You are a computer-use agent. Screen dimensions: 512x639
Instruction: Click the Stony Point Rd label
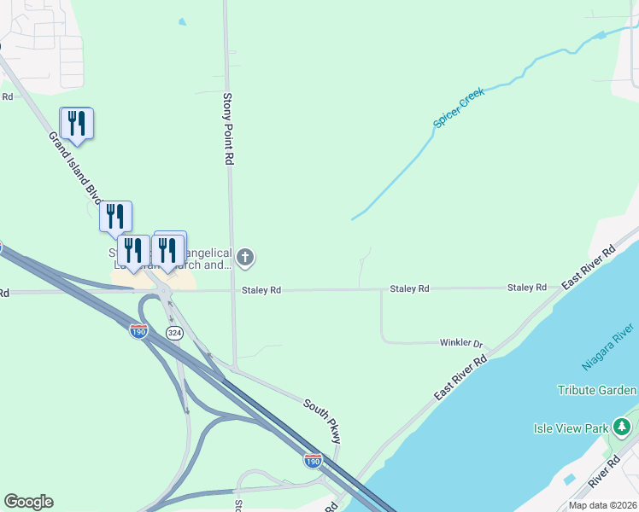click(228, 128)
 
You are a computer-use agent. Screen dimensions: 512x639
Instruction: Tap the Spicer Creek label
click(459, 108)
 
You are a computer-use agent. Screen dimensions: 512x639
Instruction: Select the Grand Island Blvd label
click(75, 167)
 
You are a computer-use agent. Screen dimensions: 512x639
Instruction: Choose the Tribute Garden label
click(597, 390)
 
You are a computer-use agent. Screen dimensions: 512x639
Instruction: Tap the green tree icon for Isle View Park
click(624, 426)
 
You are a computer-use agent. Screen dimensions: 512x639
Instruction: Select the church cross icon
click(246, 256)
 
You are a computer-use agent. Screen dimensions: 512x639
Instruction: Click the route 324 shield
click(173, 333)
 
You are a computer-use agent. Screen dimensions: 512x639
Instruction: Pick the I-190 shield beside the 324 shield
click(139, 331)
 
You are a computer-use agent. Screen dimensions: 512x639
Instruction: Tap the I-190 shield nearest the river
click(314, 461)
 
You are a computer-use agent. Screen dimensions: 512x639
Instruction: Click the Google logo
click(28, 502)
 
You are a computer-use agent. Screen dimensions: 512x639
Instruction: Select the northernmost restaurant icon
click(76, 123)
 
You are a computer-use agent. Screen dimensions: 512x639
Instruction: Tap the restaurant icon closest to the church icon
click(168, 249)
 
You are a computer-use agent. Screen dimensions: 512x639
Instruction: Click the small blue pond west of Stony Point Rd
click(181, 22)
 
